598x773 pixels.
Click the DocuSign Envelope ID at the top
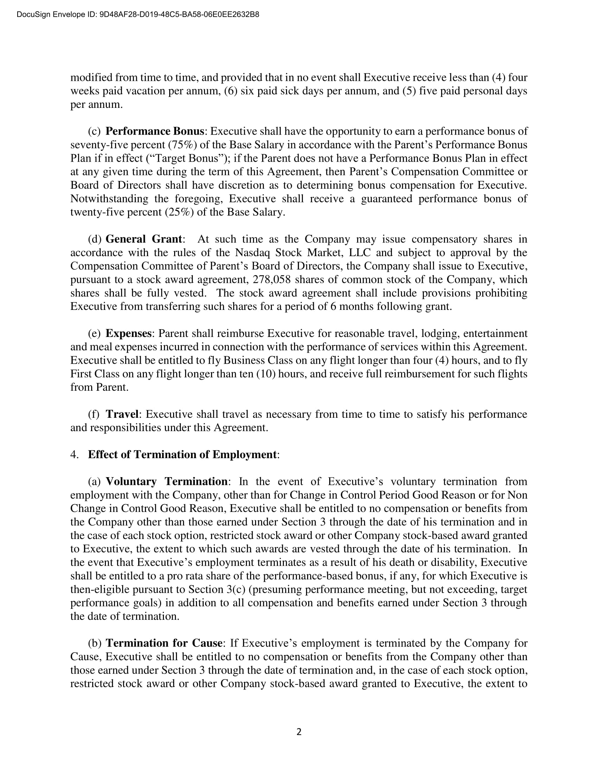pos(138,14)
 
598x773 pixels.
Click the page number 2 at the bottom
pos(299,732)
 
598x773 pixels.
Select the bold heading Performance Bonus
pos(155,131)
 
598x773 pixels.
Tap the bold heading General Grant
pos(144,239)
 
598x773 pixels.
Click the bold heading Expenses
pos(129,333)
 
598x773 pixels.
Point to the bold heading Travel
pos(122,414)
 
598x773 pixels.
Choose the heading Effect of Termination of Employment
pos(182,454)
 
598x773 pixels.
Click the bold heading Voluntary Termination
pos(166,481)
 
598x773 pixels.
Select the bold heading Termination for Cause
pos(164,643)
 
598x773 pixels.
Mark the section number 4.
pos(74,454)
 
